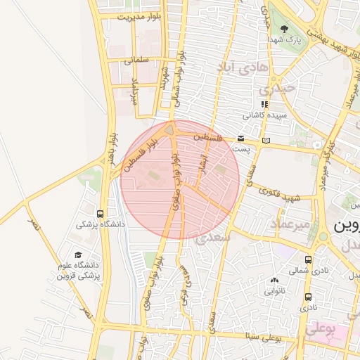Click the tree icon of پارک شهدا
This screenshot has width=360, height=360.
click(x=284, y=30)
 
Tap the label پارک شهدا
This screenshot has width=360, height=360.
click(x=288, y=41)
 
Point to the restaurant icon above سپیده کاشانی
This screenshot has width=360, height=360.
click(x=264, y=103)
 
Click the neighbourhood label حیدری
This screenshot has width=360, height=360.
click(x=274, y=90)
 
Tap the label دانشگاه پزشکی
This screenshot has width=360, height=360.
click(x=100, y=225)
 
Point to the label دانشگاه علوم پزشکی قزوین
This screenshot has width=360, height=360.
click(x=79, y=271)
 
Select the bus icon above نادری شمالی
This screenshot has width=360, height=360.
click(x=309, y=258)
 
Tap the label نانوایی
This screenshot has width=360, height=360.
click(x=275, y=290)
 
